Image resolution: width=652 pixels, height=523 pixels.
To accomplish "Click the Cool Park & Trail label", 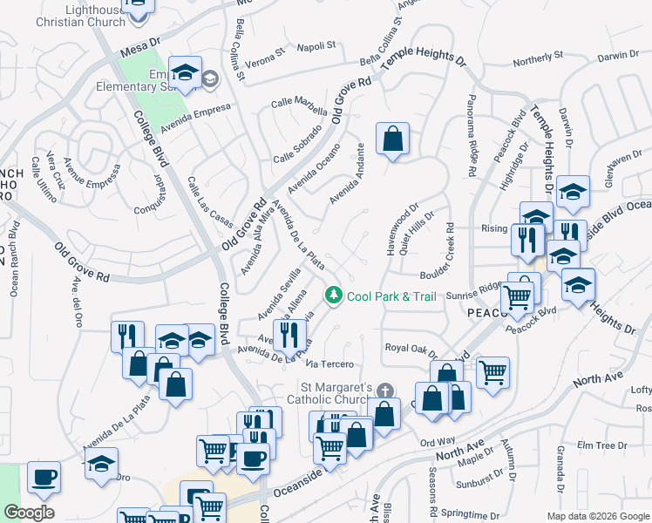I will click(x=391, y=296).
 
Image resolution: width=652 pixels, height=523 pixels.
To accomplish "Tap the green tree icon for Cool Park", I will click(x=333, y=296).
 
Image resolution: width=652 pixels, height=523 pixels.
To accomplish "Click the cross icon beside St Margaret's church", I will click(x=385, y=390).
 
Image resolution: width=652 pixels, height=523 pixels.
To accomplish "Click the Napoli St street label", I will click(x=316, y=46).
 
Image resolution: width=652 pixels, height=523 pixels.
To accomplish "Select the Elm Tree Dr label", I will click(x=595, y=445).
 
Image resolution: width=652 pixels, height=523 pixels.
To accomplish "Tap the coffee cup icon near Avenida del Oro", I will click(x=44, y=477).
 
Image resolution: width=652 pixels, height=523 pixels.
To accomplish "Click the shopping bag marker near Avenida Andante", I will click(x=393, y=139).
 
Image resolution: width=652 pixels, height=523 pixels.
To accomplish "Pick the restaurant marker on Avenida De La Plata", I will click(x=289, y=334).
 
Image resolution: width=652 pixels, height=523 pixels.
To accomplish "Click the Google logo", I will click(x=29, y=513).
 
